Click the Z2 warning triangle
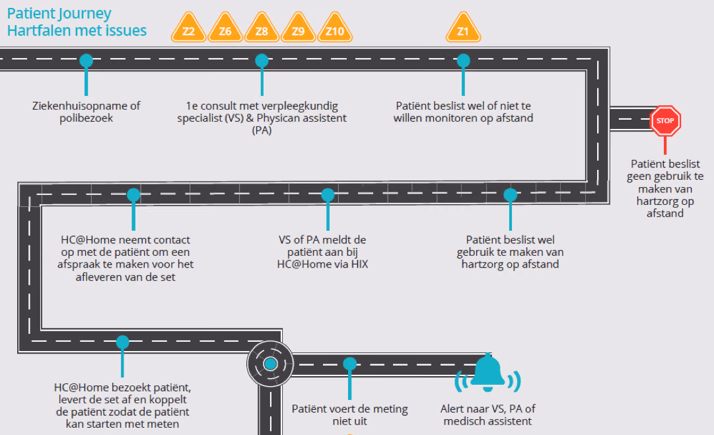[188, 28]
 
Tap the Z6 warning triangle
[225, 28]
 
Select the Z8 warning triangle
[262, 28]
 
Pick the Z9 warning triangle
[299, 28]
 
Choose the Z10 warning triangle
[335, 28]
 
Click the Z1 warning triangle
[463, 28]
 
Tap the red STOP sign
[665, 121]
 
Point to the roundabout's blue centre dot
[271, 364]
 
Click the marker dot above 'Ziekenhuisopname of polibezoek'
[86, 61]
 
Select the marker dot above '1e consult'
[262, 61]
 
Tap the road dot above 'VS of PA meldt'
[328, 195]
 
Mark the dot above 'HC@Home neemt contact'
[133, 195]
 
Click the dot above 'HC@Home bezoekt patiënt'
[122, 342]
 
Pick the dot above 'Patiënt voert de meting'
[349, 364]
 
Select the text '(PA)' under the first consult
[262, 130]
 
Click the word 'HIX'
[360, 264]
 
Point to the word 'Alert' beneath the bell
[452, 409]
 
